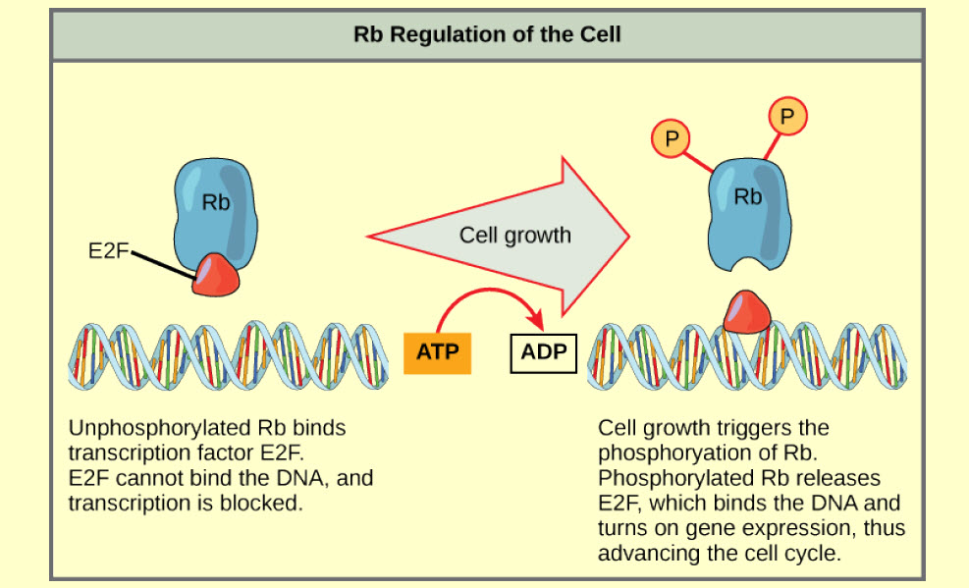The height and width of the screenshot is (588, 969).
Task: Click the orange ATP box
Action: click(x=438, y=350)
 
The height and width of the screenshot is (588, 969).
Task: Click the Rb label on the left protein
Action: click(x=215, y=203)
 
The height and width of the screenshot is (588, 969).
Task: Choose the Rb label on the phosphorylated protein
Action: click(x=748, y=196)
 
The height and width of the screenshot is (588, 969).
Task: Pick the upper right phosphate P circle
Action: click(x=786, y=116)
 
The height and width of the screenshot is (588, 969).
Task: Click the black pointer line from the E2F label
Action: click(x=163, y=263)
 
